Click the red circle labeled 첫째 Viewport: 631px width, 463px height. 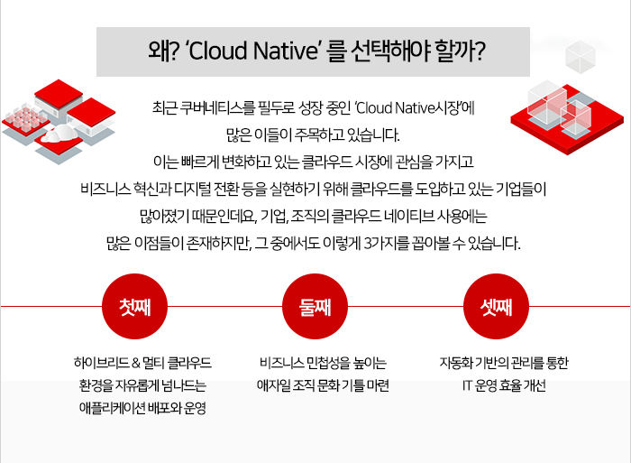point(134,306)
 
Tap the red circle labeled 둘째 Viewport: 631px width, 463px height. point(315,306)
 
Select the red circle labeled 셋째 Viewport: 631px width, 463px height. point(496,306)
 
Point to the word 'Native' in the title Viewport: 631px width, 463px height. point(286,51)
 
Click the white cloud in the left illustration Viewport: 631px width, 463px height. point(60,134)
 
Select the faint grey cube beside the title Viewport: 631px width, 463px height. point(580,57)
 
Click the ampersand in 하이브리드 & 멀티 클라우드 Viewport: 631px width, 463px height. point(136,363)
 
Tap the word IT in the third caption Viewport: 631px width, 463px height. point(466,385)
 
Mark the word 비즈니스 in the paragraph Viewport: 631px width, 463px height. point(105,189)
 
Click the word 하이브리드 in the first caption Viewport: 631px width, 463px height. point(101,363)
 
